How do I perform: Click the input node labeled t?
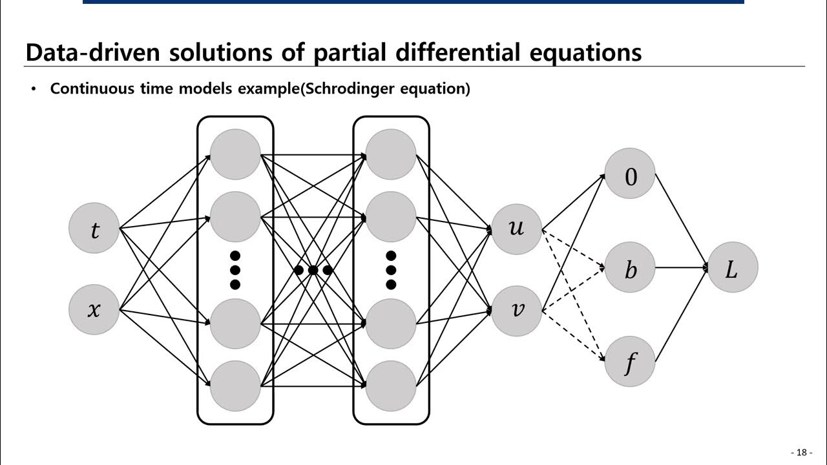pos(94,228)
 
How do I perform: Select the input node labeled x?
pos(94,309)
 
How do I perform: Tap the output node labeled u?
pos(516,228)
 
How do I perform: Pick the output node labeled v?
pos(516,311)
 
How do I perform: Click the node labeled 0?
pos(630,174)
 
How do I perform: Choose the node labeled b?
pos(630,267)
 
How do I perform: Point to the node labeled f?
pos(630,362)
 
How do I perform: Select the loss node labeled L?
pos(732,267)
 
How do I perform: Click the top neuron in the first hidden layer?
pos(235,154)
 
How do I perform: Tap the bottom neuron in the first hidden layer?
pos(235,386)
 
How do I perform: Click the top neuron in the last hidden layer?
pos(391,154)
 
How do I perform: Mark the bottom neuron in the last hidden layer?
pos(391,386)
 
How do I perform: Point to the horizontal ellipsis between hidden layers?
pos(313,270)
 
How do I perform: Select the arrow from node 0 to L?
pos(682,220)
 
